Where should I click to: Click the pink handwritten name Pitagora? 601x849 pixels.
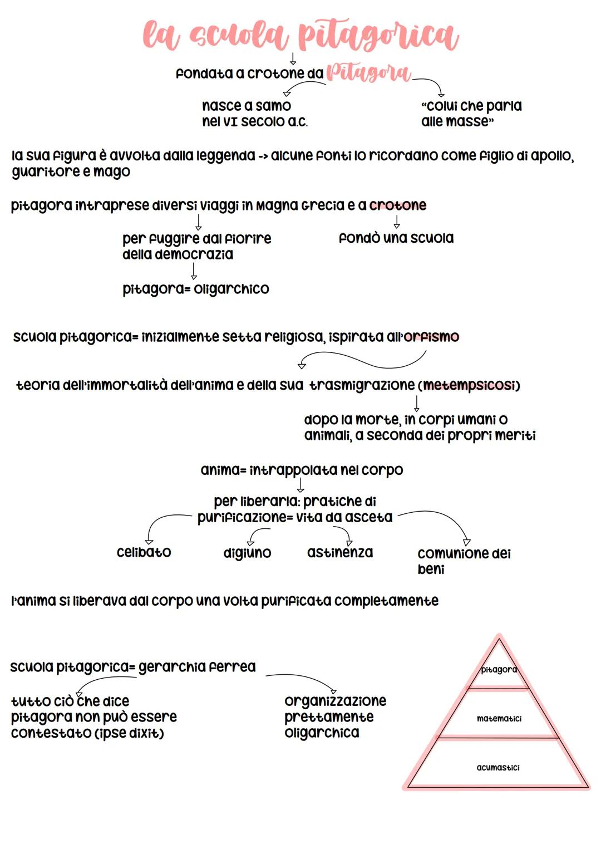click(x=368, y=73)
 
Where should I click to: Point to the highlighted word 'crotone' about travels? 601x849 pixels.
click(x=398, y=205)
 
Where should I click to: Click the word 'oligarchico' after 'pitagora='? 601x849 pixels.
click(x=231, y=289)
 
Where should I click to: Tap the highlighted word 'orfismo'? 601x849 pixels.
click(x=432, y=337)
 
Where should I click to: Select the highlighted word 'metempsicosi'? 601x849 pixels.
click(x=470, y=385)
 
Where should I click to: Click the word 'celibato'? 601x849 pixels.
click(x=144, y=552)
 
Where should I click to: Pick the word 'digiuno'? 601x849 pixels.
click(x=247, y=553)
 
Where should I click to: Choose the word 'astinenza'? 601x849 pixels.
click(x=340, y=552)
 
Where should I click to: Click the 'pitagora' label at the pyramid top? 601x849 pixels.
click(x=499, y=670)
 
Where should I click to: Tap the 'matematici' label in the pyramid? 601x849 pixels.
click(x=499, y=719)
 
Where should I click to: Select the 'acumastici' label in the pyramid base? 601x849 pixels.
click(x=498, y=768)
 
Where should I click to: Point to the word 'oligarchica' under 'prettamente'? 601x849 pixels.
click(x=322, y=733)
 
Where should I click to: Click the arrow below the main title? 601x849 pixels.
click(x=293, y=58)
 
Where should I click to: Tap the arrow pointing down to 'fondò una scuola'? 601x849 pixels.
click(x=397, y=222)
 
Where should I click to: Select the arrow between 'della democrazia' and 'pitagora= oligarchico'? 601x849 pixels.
click(x=194, y=271)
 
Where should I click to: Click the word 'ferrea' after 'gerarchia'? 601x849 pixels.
click(x=229, y=667)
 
